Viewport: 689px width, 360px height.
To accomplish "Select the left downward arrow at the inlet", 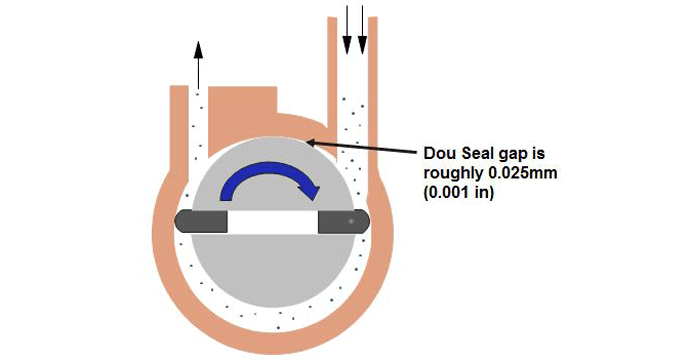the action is pyautogui.click(x=347, y=30).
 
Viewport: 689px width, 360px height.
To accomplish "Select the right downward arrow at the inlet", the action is pyautogui.click(x=362, y=30).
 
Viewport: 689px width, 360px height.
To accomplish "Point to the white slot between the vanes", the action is pyautogui.click(x=275, y=222).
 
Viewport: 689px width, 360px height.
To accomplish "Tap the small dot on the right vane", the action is pyautogui.click(x=351, y=219).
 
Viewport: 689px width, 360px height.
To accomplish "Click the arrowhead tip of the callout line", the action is pyautogui.click(x=307, y=142).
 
